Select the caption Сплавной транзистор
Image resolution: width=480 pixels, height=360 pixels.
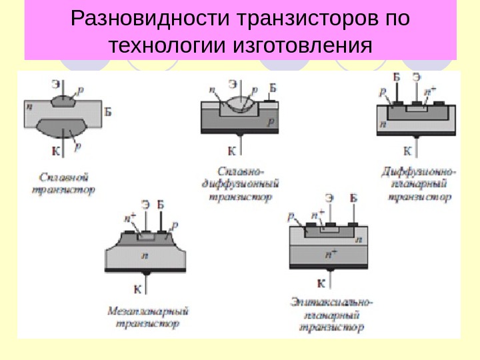point(63,183)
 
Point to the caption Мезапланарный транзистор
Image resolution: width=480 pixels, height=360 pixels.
point(148,317)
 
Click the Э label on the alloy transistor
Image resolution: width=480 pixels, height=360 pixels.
point(56,85)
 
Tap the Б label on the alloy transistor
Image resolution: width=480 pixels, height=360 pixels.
point(108,112)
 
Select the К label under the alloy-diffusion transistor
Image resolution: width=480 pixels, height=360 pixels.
point(231,151)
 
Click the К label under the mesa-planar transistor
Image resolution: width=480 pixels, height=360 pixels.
point(137,289)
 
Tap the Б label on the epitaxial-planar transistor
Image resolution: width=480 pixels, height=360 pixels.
point(353,197)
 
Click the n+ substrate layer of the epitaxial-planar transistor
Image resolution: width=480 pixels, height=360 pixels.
point(330,254)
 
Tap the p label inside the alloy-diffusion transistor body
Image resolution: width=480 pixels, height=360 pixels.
point(270,122)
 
